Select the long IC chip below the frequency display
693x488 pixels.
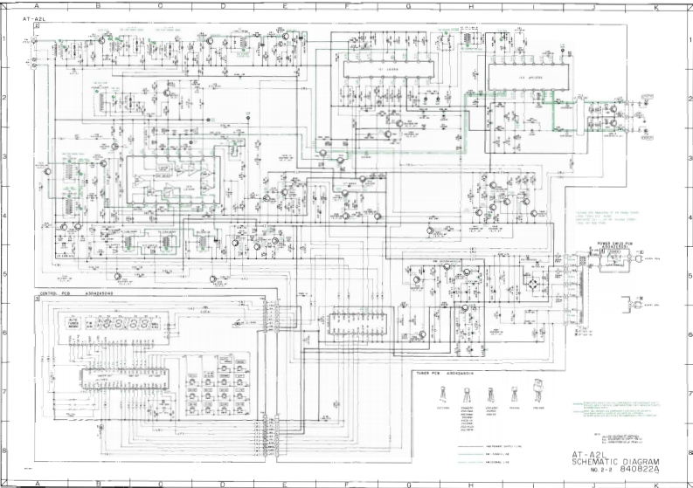pos(121,377)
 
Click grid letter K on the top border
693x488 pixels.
pos(655,6)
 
